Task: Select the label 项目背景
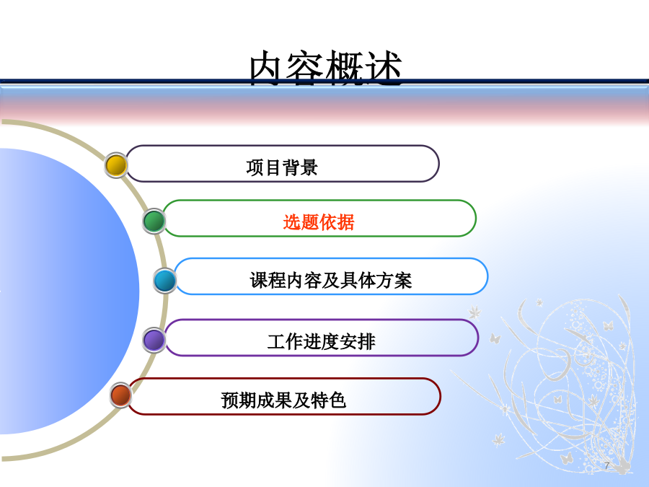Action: (282, 167)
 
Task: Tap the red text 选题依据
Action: (319, 222)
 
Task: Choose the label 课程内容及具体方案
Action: (331, 281)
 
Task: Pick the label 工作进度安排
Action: (321, 342)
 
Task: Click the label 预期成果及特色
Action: (283, 400)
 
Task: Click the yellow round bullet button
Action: (116, 165)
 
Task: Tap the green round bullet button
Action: (154, 221)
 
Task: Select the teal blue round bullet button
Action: (164, 281)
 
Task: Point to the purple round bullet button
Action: (154, 340)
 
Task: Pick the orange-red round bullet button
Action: (121, 395)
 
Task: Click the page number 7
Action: (606, 465)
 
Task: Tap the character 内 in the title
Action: (268, 69)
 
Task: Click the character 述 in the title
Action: (384, 69)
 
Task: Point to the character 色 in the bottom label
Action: (337, 400)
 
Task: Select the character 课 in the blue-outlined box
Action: (259, 281)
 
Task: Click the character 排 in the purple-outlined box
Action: (367, 342)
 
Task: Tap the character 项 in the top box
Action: (255, 167)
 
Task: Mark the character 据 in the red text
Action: (346, 222)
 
